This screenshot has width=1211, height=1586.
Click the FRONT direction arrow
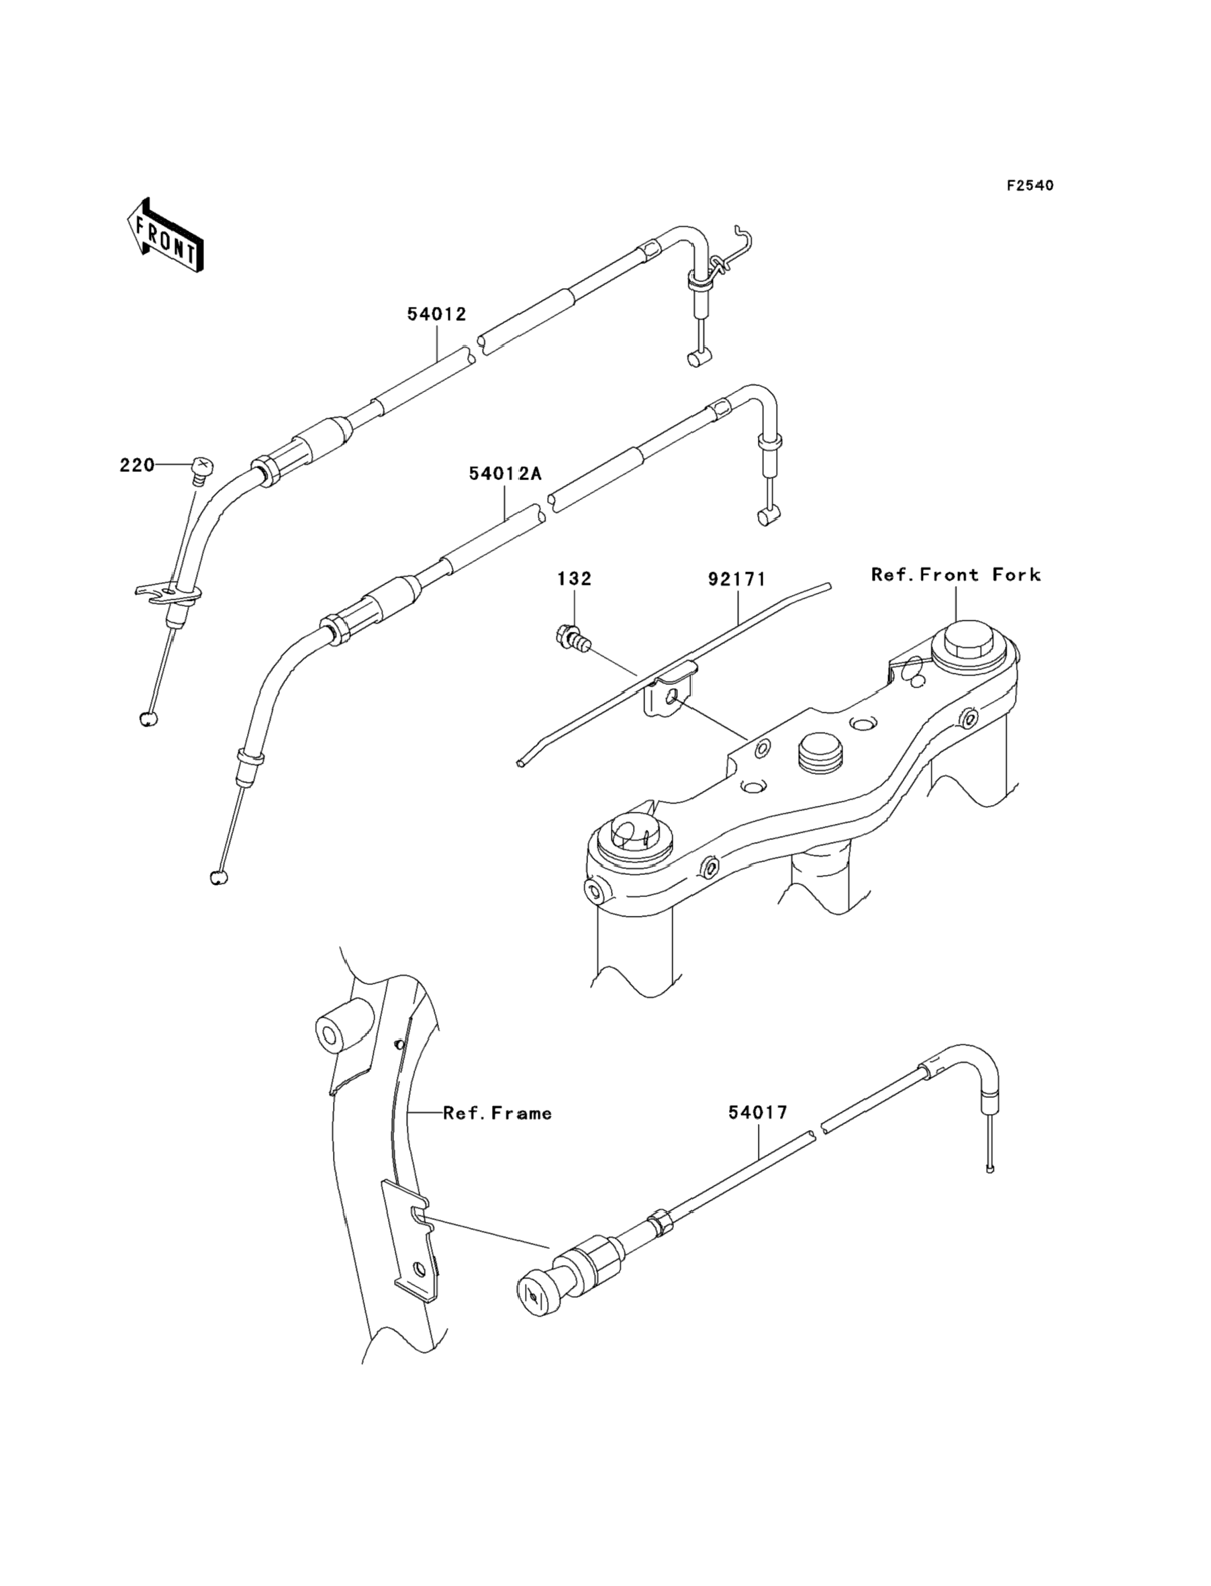[165, 236]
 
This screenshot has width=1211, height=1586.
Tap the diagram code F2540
[1030, 186]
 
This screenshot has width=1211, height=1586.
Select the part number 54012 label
[437, 314]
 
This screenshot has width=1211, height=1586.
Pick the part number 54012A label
[505, 473]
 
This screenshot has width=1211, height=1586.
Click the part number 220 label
[137, 466]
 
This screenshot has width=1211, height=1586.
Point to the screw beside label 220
[201, 470]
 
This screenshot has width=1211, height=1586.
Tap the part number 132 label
[575, 579]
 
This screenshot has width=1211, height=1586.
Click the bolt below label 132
[574, 637]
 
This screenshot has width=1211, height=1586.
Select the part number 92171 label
[736, 579]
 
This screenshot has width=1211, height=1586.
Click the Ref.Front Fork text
[956, 575]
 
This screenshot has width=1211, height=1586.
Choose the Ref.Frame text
[497, 1113]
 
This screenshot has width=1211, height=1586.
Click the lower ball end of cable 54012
[148, 718]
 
